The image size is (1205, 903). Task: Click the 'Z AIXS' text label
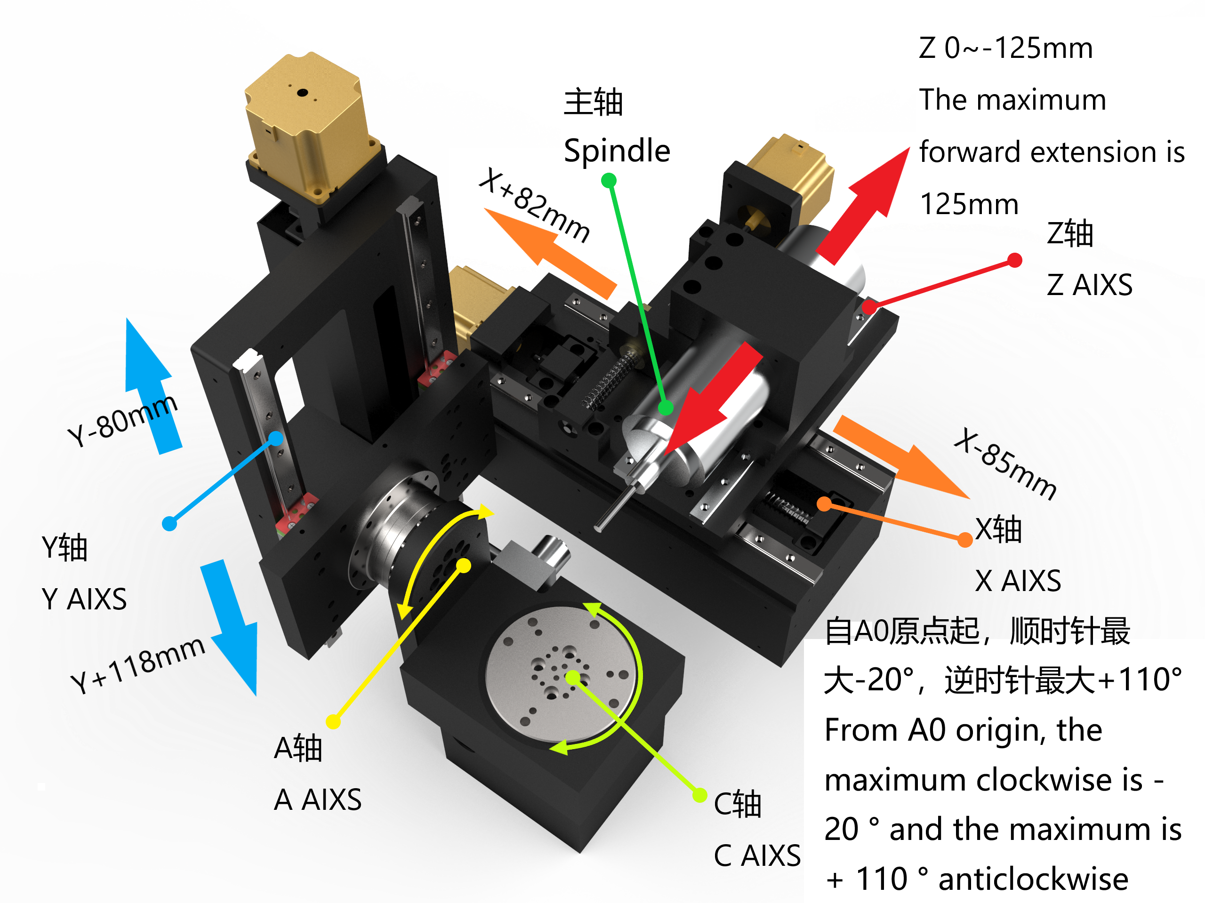point(1090,285)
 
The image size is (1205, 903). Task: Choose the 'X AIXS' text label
point(1018,581)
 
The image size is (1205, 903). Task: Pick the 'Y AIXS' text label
point(84,599)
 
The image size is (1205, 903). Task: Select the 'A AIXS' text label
point(318,799)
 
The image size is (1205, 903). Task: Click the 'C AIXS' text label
point(757,855)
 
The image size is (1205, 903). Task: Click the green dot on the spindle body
point(666,408)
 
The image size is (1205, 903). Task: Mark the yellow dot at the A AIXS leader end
point(333,722)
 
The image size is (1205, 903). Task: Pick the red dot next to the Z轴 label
point(1014,260)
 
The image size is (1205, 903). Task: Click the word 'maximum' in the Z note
point(1052,100)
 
